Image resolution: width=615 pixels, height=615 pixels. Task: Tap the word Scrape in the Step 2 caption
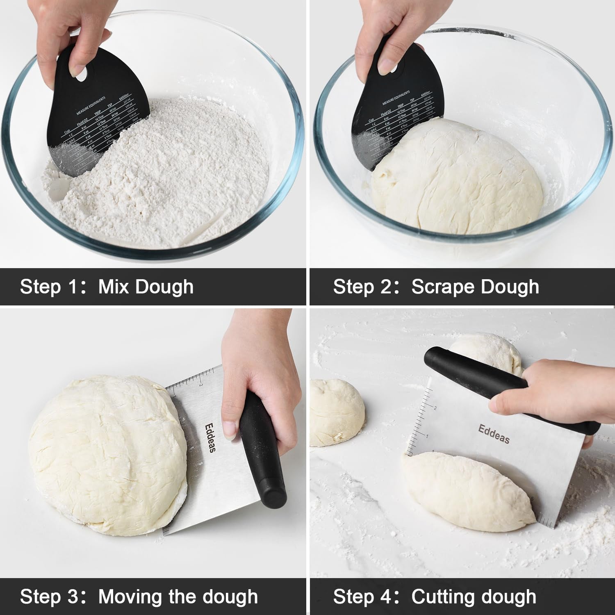coord(444,287)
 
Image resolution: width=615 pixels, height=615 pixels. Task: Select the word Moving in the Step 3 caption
coord(130,597)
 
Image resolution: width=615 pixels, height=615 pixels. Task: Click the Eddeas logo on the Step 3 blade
coord(210,438)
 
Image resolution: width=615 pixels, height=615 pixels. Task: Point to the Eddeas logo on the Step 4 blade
coord(494,434)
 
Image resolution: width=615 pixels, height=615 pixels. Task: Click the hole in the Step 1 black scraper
coord(82,74)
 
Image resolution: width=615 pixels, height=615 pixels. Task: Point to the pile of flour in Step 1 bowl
coord(164,172)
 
